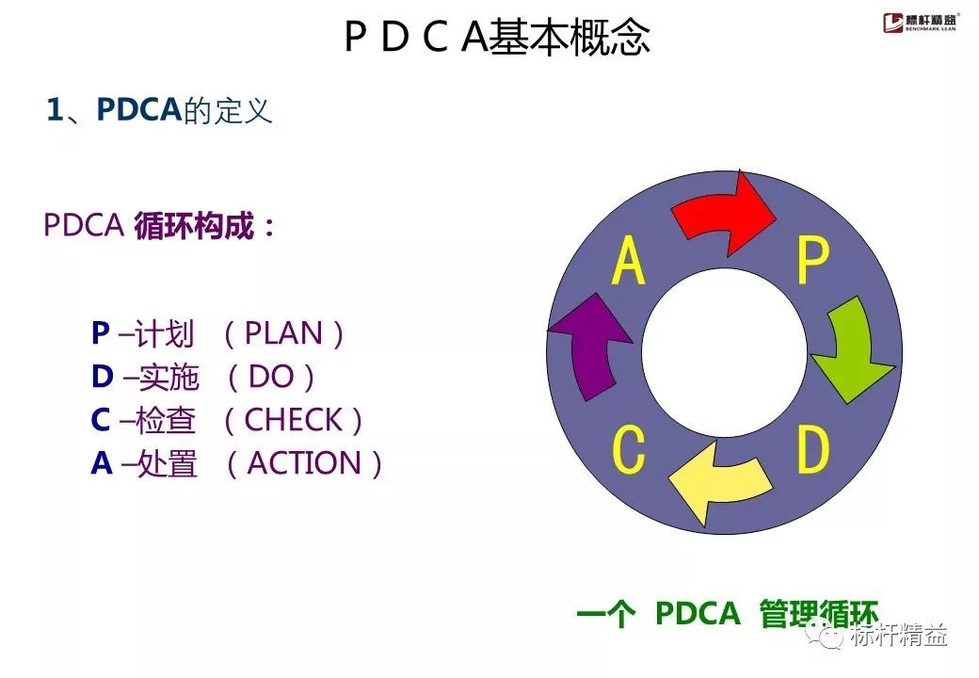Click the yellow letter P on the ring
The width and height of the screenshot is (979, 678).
811,261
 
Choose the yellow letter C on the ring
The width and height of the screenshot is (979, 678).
628,450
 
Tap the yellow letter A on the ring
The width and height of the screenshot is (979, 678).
629,261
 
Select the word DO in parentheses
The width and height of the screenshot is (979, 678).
271,377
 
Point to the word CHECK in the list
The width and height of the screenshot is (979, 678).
293,420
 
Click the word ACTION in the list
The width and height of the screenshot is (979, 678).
304,463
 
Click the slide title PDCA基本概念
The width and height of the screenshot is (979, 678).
496,39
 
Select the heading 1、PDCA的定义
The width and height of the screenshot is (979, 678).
160,111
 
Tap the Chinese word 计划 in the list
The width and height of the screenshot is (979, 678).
165,334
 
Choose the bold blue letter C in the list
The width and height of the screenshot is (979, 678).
101,420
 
